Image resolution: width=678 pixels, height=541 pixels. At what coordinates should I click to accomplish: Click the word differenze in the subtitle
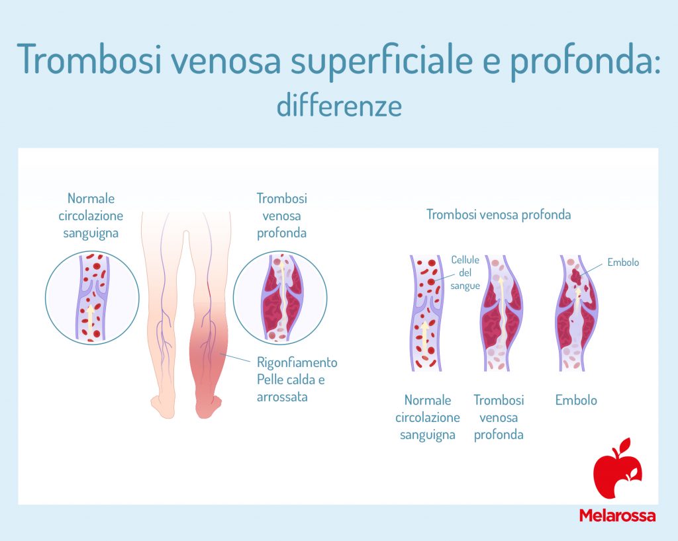pos(339,106)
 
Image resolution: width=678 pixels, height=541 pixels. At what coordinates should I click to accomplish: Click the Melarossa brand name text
pos(617,515)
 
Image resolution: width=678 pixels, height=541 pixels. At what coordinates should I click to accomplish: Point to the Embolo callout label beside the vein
pos(623,263)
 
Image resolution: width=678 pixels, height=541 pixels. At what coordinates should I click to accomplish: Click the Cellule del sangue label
pos(465,272)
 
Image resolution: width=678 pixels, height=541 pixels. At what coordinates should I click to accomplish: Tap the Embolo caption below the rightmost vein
pos(575,400)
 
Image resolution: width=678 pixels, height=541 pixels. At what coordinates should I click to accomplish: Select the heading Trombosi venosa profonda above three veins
pos(498,215)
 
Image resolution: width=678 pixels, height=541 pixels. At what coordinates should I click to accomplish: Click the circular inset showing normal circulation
pos(92,298)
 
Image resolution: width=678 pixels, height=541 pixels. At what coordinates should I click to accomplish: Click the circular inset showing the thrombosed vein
pos(280,298)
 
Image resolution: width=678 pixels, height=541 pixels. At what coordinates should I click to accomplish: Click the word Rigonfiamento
pos(297,362)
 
